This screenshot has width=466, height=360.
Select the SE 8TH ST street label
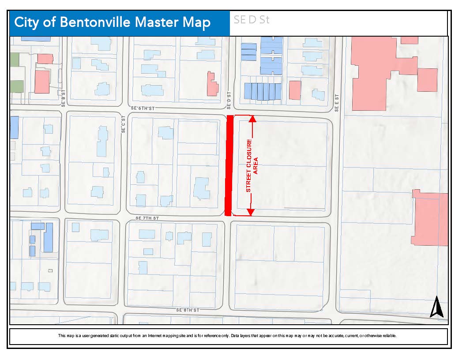(188, 310)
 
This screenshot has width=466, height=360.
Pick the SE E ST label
(336, 103)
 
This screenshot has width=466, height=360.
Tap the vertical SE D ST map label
(229, 101)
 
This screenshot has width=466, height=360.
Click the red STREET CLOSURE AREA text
(252, 165)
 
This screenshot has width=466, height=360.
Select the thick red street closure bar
(228, 165)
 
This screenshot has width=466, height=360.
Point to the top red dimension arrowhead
(252, 118)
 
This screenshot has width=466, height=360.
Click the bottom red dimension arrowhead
(250, 212)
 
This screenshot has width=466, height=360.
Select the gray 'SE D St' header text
(252, 20)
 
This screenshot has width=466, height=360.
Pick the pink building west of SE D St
(212, 85)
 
